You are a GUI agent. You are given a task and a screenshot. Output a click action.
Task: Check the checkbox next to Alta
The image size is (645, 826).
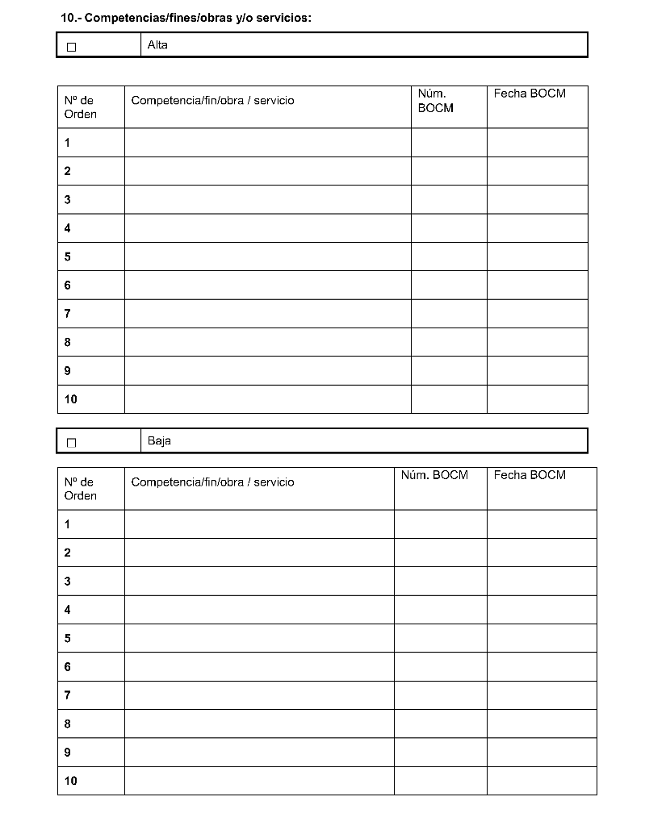tap(72, 47)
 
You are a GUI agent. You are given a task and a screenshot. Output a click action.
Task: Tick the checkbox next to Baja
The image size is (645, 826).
tap(72, 443)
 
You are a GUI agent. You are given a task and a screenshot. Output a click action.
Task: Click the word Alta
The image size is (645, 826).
tap(157, 45)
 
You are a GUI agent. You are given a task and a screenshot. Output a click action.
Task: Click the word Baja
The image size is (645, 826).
tap(159, 441)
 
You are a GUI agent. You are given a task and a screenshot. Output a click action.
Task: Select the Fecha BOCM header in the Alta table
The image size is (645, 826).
tap(530, 94)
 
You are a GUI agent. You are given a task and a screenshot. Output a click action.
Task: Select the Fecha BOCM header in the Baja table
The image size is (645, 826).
tap(530, 475)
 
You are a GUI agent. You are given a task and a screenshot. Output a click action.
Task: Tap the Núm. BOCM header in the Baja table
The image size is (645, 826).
tap(434, 475)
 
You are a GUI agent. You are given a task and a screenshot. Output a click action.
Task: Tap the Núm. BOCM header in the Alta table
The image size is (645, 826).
tap(435, 101)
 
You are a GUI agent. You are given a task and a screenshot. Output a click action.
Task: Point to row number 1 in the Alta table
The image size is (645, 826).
tap(68, 143)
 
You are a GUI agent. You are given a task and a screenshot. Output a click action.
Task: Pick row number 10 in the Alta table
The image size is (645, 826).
tap(71, 399)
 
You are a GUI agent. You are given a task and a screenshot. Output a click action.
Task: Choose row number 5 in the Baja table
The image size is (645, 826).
tap(68, 638)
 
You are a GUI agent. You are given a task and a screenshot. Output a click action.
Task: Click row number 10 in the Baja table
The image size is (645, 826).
tap(71, 781)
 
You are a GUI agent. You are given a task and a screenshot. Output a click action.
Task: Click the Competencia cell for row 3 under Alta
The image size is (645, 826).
tap(267, 199)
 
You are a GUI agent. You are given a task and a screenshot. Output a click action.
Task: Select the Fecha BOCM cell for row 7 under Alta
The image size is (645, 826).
tap(537, 314)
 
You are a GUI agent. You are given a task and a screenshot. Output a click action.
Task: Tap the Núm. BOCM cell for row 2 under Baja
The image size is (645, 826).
tap(440, 553)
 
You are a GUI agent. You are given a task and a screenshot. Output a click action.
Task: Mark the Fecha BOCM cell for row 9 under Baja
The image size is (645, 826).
tap(541, 753)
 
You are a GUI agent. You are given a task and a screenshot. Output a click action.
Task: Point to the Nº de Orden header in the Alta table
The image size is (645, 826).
tap(80, 107)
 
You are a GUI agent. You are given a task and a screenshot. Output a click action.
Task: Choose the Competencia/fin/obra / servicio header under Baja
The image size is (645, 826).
tap(212, 482)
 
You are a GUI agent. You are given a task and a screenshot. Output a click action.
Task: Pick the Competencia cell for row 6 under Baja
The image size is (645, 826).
tap(259, 667)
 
